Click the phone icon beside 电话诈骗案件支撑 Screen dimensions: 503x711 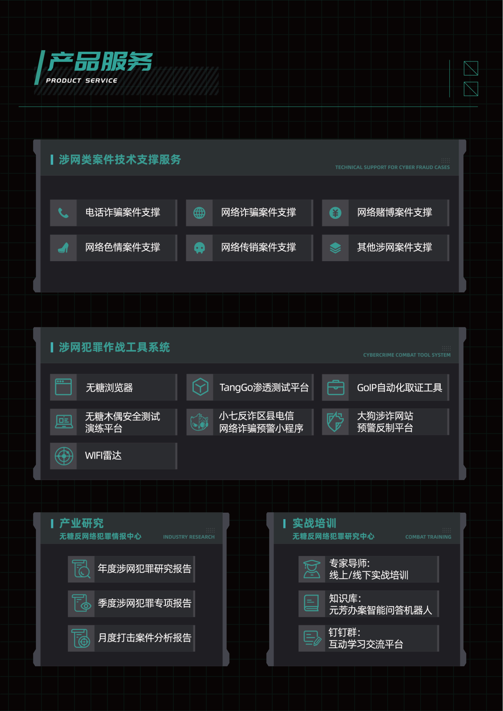coord(63,213)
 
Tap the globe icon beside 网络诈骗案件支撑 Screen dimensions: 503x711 coord(199,213)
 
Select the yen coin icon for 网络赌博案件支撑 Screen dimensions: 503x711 coord(335,213)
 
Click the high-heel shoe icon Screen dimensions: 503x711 coord(63,248)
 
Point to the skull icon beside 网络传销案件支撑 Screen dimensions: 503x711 coord(199,248)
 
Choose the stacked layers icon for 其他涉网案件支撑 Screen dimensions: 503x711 coord(335,248)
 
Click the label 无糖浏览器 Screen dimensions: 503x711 coord(109,387)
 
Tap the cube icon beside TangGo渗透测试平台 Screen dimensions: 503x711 coord(200,387)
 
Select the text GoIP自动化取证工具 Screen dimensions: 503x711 coord(399,387)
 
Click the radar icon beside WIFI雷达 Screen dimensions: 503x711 coord(64,456)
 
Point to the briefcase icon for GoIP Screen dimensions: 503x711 coord(335,387)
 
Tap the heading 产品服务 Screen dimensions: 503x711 coord(100,62)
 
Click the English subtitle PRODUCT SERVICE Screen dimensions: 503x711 coord(82,81)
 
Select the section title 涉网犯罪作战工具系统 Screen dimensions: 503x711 coord(114,347)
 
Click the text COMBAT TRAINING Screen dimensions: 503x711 coord(428,537)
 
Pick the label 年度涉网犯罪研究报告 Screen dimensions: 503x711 coord(144,569)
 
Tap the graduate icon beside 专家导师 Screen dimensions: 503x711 coord(312,569)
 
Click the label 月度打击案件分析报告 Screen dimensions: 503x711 coord(144,637)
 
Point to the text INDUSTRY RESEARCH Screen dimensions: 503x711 coord(189,537)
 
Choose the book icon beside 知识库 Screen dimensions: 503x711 coord(311,603)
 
